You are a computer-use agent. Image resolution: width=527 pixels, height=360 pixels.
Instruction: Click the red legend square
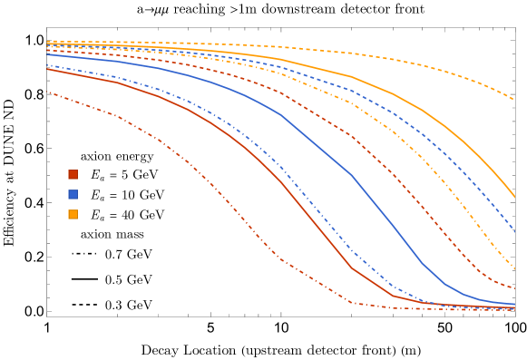pyautogui.click(x=73, y=174)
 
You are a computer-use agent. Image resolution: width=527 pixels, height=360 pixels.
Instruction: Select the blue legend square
pyautogui.click(x=73, y=194)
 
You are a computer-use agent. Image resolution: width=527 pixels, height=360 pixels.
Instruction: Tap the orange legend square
pyautogui.click(x=73, y=214)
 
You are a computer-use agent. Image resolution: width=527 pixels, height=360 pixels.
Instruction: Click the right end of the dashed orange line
pyautogui.click(x=514, y=100)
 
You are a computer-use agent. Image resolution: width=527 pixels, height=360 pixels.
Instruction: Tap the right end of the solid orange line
pyautogui.click(x=514, y=197)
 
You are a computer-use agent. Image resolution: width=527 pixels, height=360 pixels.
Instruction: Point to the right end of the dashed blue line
pyautogui.click(x=514, y=230)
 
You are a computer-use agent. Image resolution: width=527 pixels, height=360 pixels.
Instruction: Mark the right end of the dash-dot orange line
pyautogui.click(x=514, y=269)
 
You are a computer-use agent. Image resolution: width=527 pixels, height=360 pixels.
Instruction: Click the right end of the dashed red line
pyautogui.click(x=514, y=288)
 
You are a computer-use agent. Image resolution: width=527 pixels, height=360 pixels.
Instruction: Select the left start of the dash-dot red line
pyautogui.click(x=47, y=92)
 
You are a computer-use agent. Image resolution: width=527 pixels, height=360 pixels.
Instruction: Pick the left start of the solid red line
pyautogui.click(x=47, y=69)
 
